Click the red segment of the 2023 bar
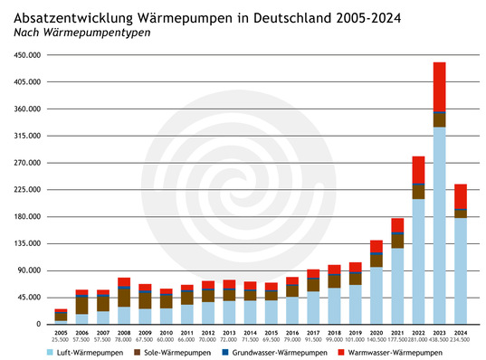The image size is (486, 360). [440, 87]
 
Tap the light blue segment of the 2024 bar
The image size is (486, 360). [461, 270]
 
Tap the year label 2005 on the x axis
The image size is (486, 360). [61, 332]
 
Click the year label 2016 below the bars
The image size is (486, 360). [292, 332]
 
